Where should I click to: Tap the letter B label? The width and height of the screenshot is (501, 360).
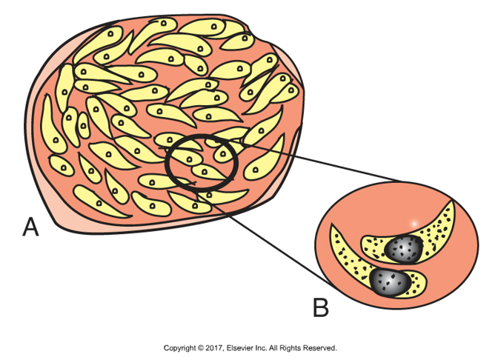(320, 306)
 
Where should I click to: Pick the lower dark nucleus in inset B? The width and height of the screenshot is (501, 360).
(388, 281)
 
